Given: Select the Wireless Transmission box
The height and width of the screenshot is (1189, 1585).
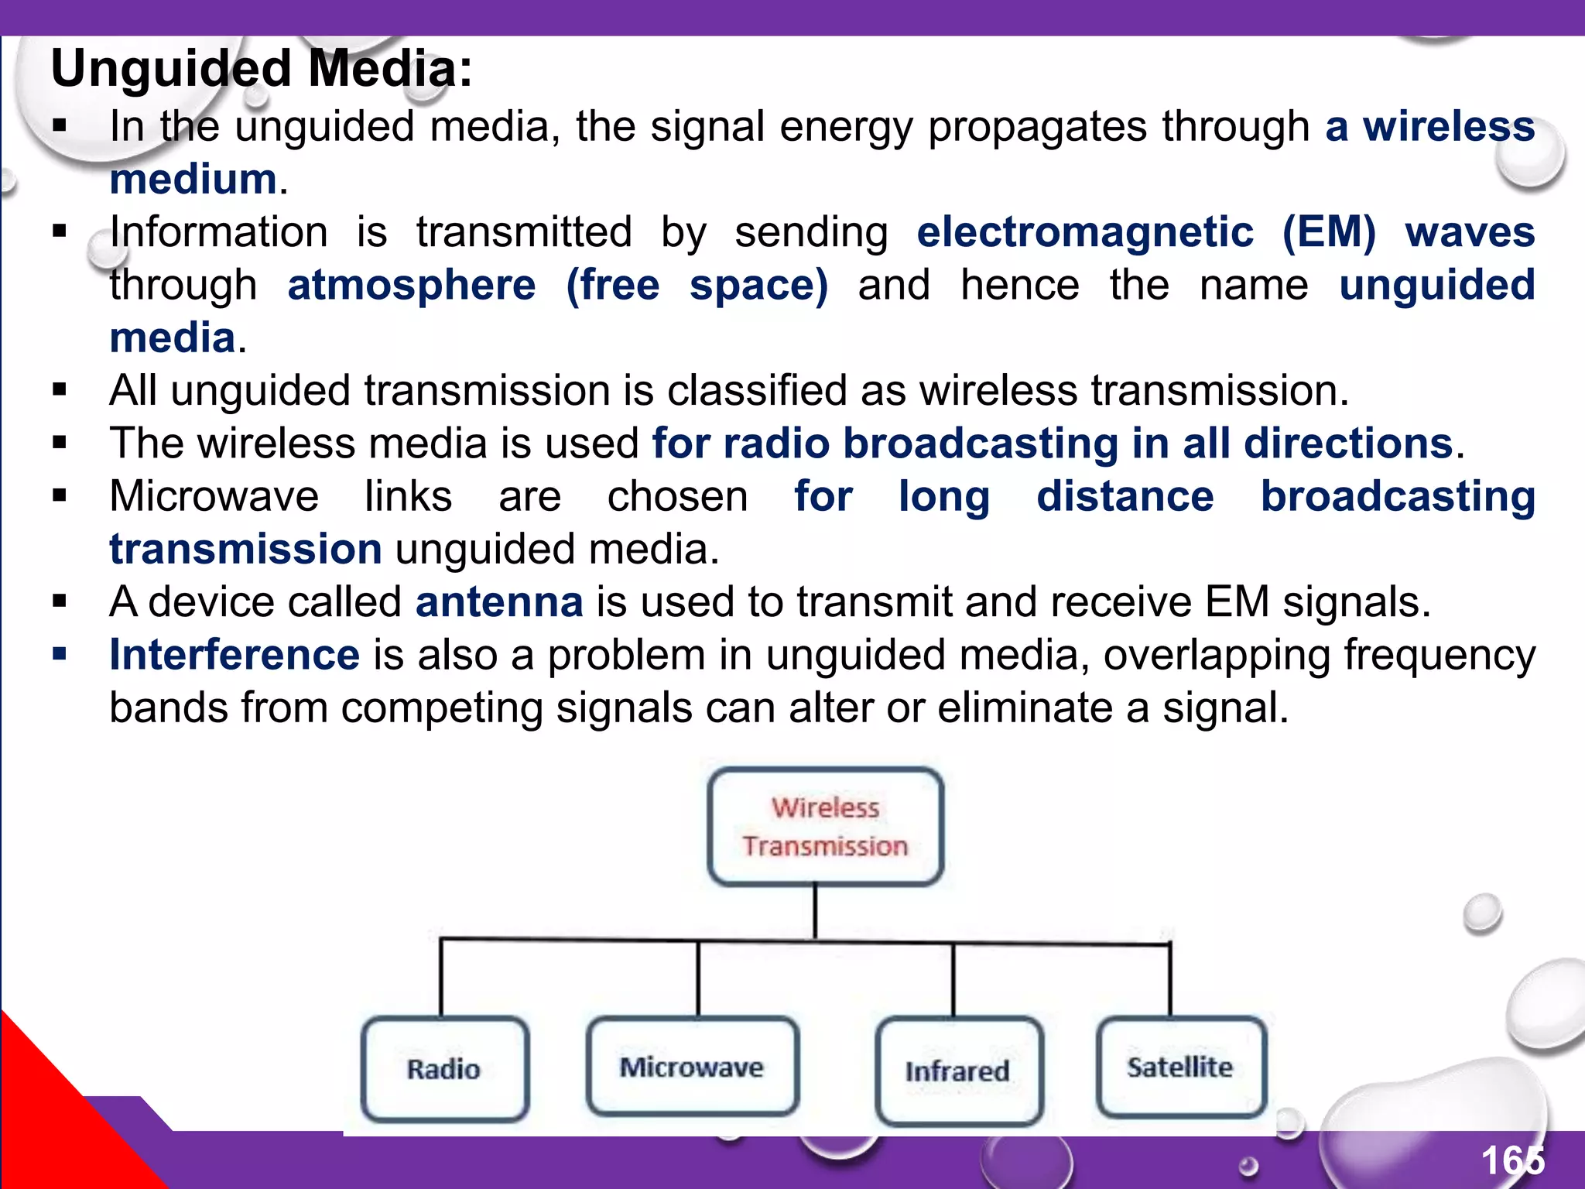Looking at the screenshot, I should (825, 827).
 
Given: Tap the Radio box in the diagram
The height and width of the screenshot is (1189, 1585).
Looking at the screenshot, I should (445, 1069).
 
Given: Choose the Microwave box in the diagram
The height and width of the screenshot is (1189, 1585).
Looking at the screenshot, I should (692, 1067).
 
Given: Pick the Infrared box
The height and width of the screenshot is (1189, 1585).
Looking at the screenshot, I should (958, 1071).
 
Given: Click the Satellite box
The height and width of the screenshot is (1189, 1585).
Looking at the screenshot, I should (1180, 1067).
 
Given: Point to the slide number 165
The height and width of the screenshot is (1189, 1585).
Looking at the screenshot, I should (1512, 1160).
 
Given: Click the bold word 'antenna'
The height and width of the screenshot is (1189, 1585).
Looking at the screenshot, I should (499, 602).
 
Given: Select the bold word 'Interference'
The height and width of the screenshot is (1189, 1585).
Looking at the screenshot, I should (234, 655).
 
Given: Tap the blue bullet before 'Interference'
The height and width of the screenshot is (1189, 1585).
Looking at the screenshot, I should (60, 655).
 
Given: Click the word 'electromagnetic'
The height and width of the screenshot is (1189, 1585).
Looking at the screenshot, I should (1085, 232).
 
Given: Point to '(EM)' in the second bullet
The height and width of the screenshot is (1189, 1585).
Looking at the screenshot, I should (1329, 232).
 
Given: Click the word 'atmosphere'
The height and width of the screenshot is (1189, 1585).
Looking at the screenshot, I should (411, 285).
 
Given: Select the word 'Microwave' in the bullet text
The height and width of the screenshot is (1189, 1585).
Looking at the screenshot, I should (214, 496).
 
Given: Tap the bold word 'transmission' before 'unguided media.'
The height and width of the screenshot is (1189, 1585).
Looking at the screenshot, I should (245, 550).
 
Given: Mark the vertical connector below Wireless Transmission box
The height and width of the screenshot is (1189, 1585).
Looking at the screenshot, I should (815, 913).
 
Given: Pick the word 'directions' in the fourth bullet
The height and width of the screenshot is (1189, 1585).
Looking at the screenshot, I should (1348, 444).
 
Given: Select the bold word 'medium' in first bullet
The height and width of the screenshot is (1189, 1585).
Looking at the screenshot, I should (193, 180).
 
